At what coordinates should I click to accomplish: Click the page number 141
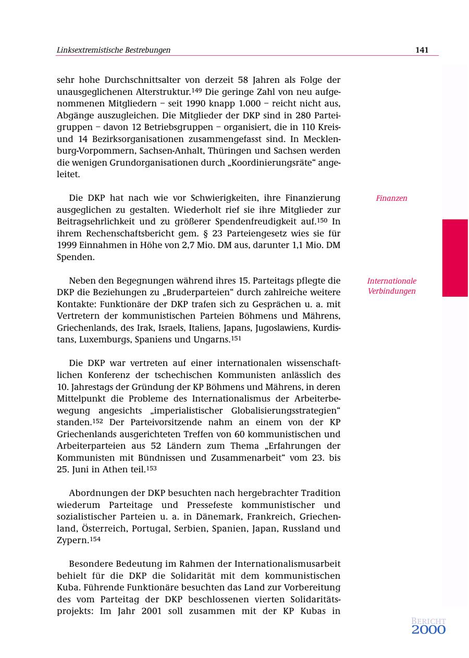(x=422, y=50)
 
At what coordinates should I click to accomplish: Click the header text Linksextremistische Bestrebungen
(x=113, y=50)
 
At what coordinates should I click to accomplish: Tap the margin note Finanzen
(x=391, y=198)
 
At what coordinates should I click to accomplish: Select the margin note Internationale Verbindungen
(x=391, y=286)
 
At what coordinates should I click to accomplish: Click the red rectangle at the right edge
(x=455, y=258)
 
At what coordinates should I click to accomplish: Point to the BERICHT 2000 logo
(x=428, y=626)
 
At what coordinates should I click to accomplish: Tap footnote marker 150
(x=322, y=220)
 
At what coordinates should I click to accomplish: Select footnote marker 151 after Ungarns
(x=236, y=338)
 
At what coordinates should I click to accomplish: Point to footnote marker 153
(x=151, y=468)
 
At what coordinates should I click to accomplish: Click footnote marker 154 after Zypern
(x=95, y=539)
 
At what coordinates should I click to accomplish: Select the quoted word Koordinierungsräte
(x=271, y=163)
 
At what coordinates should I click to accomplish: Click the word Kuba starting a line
(x=68, y=588)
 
